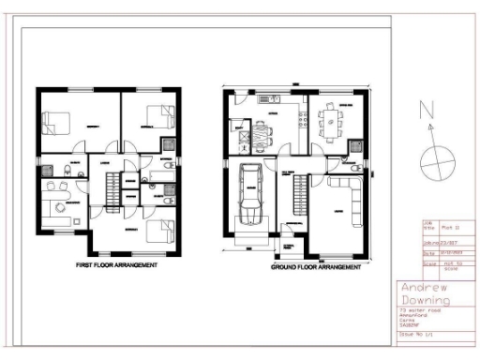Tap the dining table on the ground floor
[x=329, y=119]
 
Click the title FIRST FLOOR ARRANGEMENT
[x=116, y=265]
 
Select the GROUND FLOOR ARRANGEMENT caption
[x=315, y=267]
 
